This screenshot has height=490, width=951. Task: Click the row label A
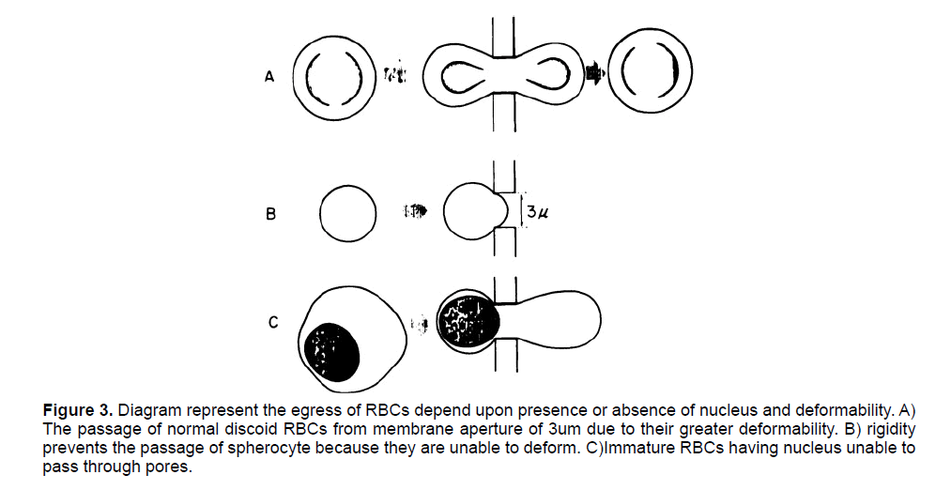click(269, 78)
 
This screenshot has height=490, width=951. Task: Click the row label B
click(271, 214)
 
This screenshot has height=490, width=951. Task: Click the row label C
click(272, 323)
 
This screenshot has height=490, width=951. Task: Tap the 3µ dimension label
click(536, 212)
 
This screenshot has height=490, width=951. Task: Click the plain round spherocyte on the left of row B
click(347, 213)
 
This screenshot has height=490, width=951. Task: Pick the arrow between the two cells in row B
click(414, 212)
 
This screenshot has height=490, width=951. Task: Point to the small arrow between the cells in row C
click(421, 325)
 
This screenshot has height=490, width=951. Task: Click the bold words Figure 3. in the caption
click(80, 410)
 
